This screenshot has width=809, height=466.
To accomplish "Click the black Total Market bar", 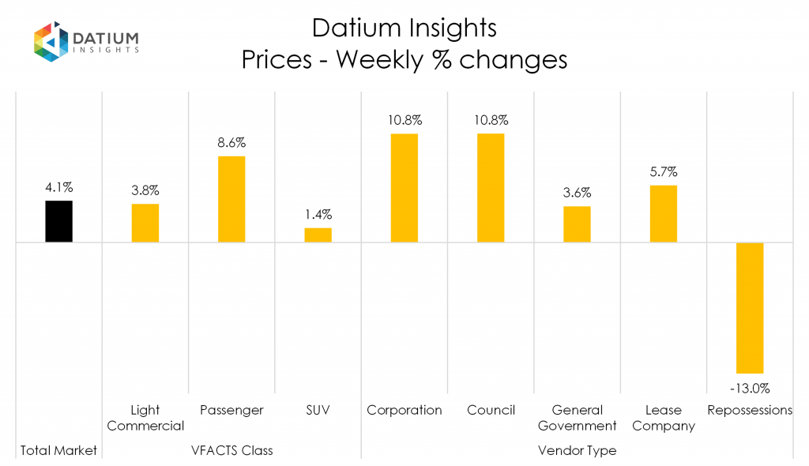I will point(59,221).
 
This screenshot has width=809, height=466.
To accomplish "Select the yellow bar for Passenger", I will point(231,199).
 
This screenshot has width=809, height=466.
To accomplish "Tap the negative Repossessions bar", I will point(750,307).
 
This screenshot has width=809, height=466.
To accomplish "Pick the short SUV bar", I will point(318,235).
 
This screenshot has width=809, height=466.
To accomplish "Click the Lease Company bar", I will point(664,213).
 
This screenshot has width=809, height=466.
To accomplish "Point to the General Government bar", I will point(577,224).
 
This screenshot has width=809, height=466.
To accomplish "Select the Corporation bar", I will point(404,188).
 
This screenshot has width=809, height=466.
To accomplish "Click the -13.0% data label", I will point(750,388).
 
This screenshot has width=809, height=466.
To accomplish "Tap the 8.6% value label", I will point(231,143).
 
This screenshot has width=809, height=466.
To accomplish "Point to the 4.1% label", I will point(59,188).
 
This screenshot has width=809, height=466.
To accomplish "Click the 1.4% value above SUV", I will point(318,214).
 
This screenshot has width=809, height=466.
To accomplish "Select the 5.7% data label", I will point(664,171).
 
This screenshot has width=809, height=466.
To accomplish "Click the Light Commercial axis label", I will point(145,418).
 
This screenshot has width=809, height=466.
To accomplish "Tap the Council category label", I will point(491,410).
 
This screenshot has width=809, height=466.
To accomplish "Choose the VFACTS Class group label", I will point(231,450).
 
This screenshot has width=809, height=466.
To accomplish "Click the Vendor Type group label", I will point(577,450).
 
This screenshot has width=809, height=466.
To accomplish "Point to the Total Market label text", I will point(59,450).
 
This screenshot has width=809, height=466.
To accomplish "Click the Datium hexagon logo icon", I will point(50,42).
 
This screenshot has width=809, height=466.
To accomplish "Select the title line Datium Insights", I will point(404,28).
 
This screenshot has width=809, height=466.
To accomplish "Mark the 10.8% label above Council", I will point(491,121).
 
